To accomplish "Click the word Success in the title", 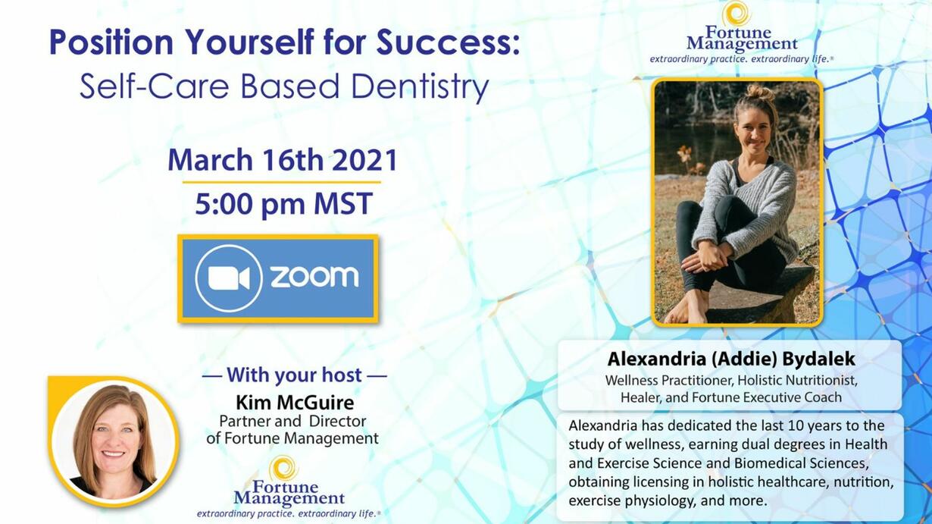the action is (448, 42).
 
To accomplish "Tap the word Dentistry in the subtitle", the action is (420, 86).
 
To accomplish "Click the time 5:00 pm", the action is (251, 204).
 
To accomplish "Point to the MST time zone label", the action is (342, 203).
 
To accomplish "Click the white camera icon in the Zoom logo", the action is (229, 278).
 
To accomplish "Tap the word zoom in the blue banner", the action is (314, 277).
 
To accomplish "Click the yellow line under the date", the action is (282, 182).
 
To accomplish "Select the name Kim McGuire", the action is (295, 403).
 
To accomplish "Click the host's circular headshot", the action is (113, 442).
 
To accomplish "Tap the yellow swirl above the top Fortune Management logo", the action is (737, 14).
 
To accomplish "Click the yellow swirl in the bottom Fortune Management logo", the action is (283, 468).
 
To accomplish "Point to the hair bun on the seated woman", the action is (760, 92).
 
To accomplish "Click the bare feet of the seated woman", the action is (687, 307).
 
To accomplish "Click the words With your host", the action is (294, 375).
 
